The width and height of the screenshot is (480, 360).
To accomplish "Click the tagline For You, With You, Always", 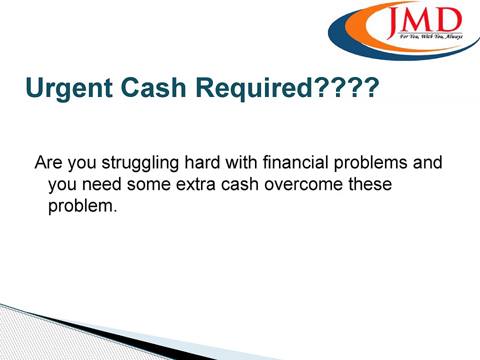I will coord(430,36).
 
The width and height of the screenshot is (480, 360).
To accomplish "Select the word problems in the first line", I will coord(374,164).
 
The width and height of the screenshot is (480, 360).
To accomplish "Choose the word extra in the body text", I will coord(193,184).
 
